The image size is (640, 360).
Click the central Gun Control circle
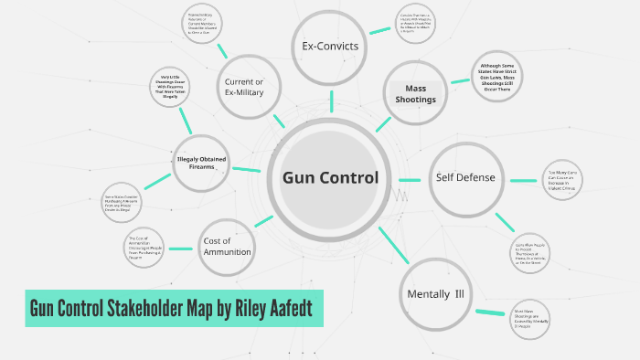329,177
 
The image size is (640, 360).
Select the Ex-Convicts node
330,47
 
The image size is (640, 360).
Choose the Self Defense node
464,176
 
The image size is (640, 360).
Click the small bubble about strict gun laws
502,79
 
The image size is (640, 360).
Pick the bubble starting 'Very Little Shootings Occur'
173,86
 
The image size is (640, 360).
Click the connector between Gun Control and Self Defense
413,177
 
